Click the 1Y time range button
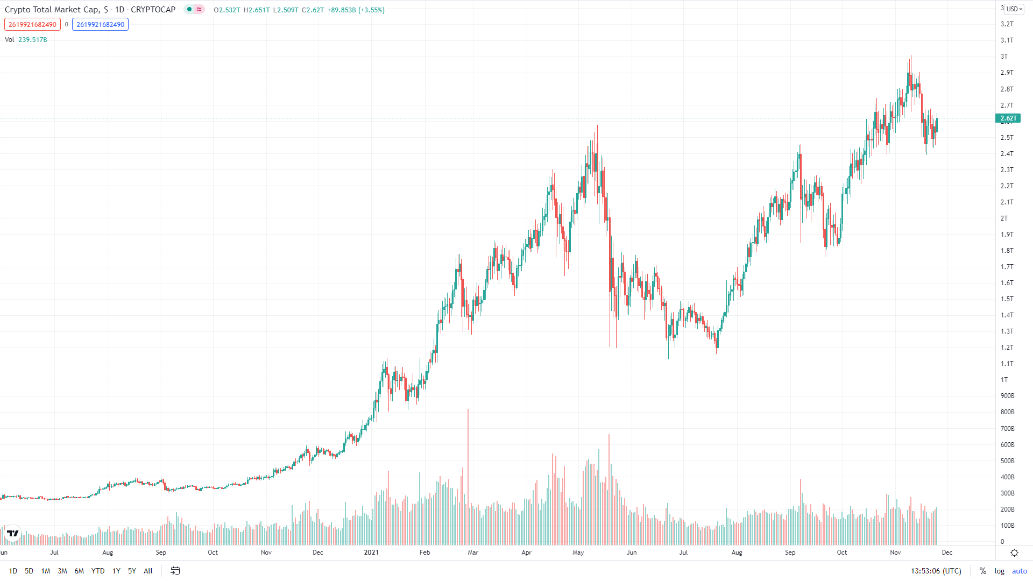[x=116, y=571]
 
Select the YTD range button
[x=98, y=571]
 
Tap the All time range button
[x=148, y=571]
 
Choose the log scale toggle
[x=999, y=571]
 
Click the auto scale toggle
[x=1019, y=571]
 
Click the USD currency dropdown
[x=1014, y=9]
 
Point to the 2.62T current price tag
[x=1008, y=118]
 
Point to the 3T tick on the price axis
[x=1004, y=56]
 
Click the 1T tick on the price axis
[x=1004, y=380]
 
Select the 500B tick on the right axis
[x=1007, y=461]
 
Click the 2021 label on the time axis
[x=371, y=552]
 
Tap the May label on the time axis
[x=578, y=552]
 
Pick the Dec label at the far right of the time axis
[x=947, y=552]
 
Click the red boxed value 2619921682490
[x=32, y=24]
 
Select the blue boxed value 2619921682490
[x=100, y=24]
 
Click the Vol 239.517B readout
[x=26, y=40]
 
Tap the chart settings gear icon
[x=1014, y=552]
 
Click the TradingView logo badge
[x=12, y=533]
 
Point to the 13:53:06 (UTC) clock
[x=936, y=571]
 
